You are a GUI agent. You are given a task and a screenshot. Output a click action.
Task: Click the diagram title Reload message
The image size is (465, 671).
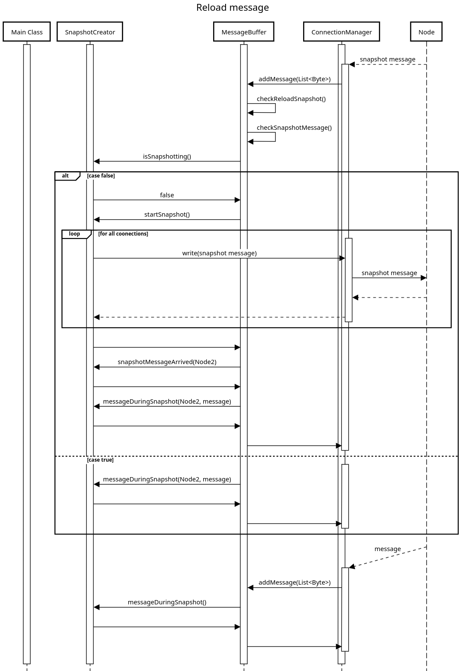232,8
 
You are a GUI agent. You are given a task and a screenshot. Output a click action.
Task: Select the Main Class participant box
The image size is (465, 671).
27,32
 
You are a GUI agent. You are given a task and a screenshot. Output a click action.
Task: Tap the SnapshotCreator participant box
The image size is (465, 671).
90,32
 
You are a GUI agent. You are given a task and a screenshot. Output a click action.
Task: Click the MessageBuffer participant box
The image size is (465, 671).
244,32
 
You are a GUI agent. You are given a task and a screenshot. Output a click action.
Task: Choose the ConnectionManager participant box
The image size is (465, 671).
341,32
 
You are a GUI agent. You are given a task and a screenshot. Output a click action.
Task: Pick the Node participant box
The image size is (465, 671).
426,32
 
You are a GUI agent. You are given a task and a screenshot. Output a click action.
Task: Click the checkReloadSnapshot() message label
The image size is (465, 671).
291,99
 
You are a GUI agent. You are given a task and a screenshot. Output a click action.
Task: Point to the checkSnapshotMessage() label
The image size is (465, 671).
294,128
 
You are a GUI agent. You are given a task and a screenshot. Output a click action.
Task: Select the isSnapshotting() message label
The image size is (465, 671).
167,156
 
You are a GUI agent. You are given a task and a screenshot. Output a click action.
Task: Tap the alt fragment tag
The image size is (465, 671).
65,176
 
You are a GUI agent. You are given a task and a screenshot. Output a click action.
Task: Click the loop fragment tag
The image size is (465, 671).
74,234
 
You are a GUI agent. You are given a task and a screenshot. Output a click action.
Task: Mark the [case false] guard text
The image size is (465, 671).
101,176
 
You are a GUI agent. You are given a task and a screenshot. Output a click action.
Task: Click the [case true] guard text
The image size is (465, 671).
100,460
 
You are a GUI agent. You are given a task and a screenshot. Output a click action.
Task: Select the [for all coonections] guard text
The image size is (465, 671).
123,234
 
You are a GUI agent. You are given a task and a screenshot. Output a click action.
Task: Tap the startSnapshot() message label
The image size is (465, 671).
167,214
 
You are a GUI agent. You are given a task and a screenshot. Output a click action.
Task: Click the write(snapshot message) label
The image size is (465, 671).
220,253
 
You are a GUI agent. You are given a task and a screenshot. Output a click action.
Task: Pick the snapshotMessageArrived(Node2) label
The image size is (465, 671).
167,362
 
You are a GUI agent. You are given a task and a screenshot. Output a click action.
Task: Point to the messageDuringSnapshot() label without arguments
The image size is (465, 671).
167,602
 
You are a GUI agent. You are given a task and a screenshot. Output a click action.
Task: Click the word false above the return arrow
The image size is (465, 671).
167,195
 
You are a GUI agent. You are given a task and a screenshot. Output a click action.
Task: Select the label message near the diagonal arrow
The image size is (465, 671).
387,549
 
